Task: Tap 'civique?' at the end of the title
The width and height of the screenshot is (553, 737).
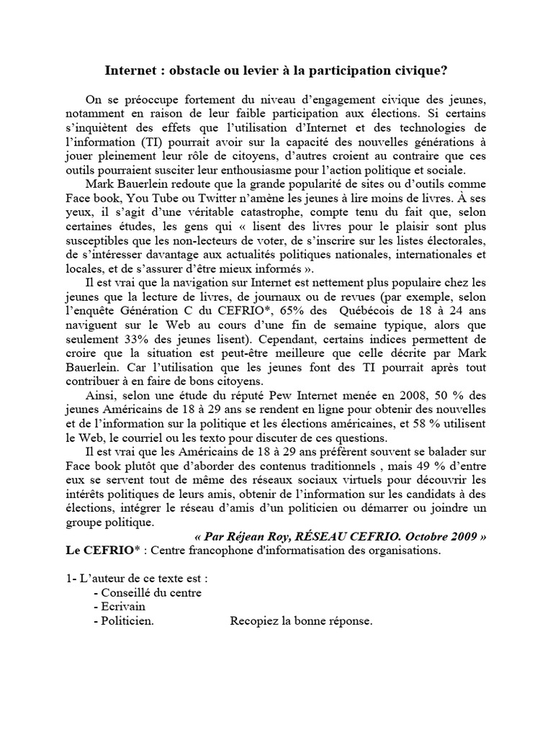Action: point(423,71)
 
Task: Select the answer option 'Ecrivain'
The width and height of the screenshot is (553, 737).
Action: point(124,606)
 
